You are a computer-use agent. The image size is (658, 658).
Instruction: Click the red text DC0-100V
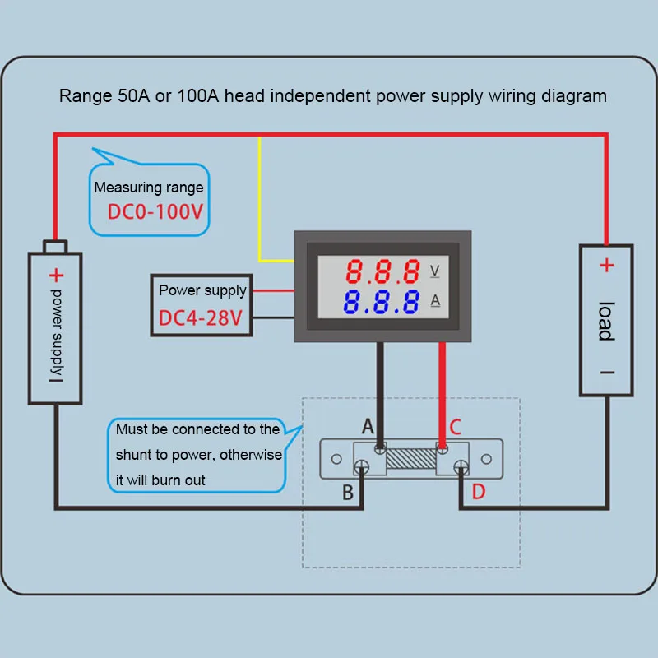click(155, 211)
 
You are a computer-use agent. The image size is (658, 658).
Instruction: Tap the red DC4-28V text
click(201, 318)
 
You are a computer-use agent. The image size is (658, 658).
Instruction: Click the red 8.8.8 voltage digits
click(382, 271)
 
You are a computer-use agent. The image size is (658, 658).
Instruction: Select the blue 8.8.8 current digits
click(381, 301)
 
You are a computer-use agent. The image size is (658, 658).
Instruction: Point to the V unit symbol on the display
click(435, 271)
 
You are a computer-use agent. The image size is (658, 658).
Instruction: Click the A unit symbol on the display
click(435, 300)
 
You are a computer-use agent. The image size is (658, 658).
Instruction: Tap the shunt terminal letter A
click(368, 426)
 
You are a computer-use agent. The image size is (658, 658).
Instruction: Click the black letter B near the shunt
click(348, 492)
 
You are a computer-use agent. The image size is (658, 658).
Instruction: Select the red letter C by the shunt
click(456, 427)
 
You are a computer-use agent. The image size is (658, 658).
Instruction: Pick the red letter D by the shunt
click(479, 491)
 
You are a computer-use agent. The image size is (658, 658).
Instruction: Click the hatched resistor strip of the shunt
click(411, 458)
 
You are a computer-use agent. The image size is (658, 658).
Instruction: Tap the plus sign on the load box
click(607, 265)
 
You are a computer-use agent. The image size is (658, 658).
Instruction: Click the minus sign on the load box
click(607, 373)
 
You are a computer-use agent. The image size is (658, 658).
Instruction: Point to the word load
click(607, 321)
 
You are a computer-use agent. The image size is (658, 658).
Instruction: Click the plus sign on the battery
click(56, 276)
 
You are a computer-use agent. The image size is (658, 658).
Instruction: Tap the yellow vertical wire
click(259, 198)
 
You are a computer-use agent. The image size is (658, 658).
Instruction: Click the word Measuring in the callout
click(125, 188)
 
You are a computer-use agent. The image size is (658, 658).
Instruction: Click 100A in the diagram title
click(198, 95)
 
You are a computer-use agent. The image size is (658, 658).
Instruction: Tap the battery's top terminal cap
click(55, 246)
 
